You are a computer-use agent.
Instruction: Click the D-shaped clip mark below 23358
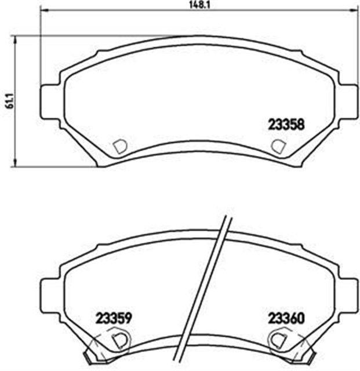279,146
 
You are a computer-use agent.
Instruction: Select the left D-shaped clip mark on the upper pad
120,146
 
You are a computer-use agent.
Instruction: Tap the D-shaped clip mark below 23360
278,339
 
